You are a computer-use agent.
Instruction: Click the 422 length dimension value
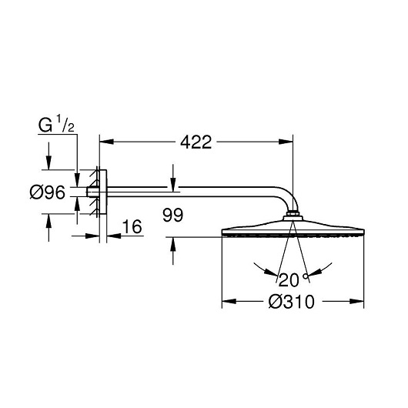point(196,142)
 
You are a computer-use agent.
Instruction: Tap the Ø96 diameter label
point(48,192)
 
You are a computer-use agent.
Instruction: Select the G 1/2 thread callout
point(56,125)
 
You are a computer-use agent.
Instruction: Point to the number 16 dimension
point(132,226)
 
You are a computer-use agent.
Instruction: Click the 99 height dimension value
point(172,215)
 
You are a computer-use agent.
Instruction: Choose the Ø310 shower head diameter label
point(292,302)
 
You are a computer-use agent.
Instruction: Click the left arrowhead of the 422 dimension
point(107,142)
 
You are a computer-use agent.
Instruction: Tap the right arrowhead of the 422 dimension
point(286,142)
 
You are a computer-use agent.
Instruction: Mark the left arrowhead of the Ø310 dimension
point(229,301)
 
